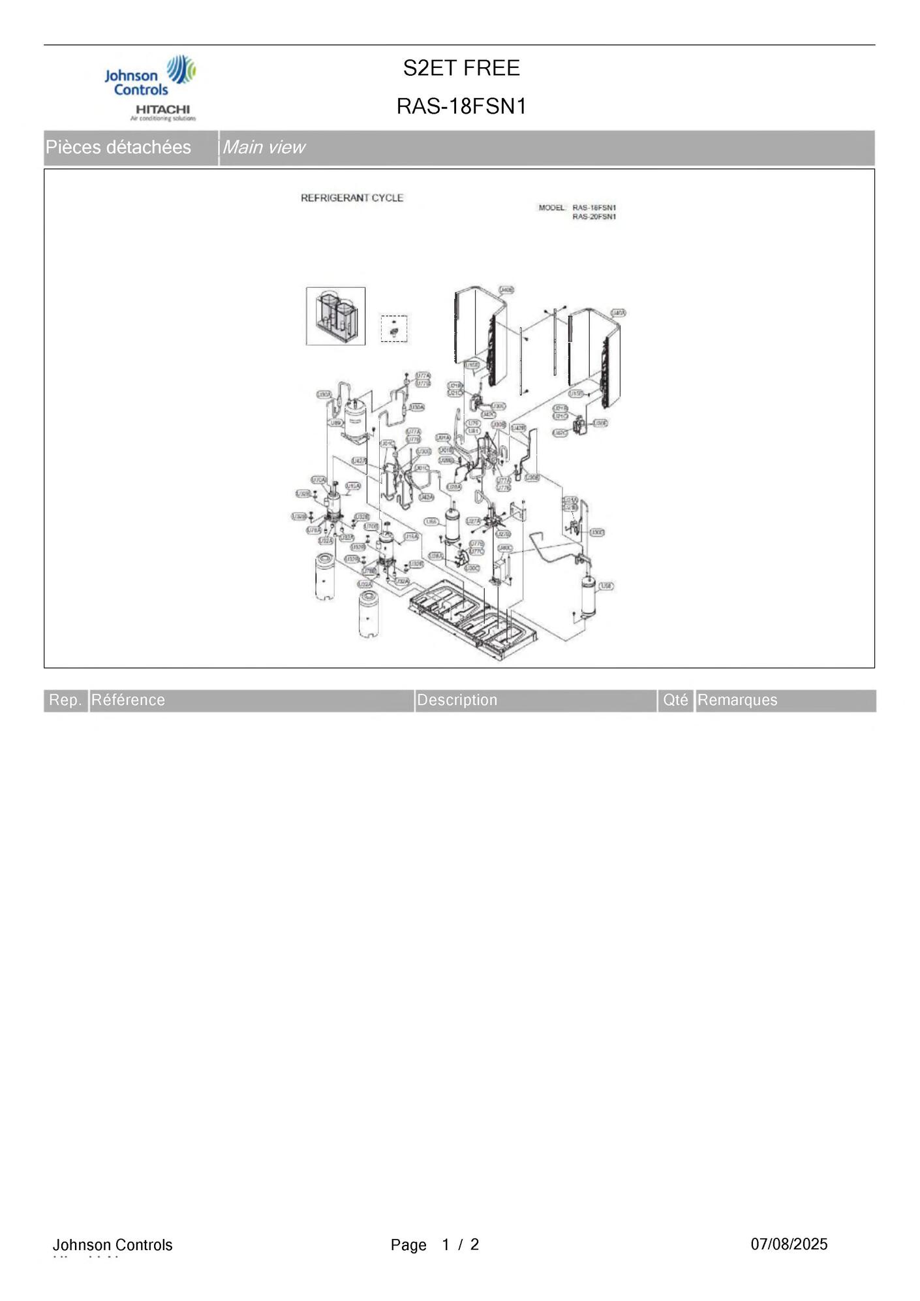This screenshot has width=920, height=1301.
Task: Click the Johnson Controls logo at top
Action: [x=149, y=76]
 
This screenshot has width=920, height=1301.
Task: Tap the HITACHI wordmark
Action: [x=162, y=109]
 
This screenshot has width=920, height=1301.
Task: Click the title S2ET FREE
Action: [x=461, y=68]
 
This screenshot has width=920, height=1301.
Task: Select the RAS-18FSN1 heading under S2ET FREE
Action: [x=461, y=106]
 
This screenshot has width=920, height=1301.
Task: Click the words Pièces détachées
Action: [x=118, y=148]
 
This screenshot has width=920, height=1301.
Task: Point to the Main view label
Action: [x=264, y=148]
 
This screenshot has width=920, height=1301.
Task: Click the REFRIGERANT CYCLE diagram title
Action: [x=352, y=198]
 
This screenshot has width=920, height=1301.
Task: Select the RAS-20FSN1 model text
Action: [x=594, y=217]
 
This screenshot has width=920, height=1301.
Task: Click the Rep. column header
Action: [x=65, y=700]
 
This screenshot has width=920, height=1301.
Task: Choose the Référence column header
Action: [x=128, y=700]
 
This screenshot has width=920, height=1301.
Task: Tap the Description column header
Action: [x=457, y=700]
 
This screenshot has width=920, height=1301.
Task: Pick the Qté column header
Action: [x=675, y=700]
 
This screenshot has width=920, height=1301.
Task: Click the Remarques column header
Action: [x=737, y=700]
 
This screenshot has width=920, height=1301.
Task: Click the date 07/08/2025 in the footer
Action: [x=789, y=1244]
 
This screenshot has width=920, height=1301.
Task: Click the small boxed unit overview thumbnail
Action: [x=335, y=316]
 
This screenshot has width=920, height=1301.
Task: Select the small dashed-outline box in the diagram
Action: [x=394, y=328]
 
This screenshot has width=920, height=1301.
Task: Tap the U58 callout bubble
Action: [x=606, y=586]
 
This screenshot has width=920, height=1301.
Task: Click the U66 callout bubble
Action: [x=431, y=522]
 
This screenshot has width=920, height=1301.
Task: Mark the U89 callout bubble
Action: [x=336, y=423]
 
